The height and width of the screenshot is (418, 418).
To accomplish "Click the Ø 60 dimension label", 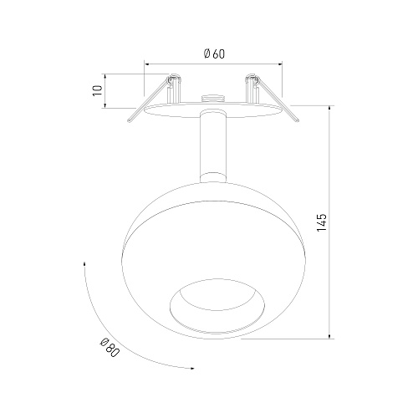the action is (x=214, y=54).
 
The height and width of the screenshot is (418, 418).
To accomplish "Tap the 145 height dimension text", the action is (x=321, y=222).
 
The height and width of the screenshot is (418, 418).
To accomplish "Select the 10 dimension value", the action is (x=98, y=91).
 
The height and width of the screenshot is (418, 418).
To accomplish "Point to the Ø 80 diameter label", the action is (x=110, y=348).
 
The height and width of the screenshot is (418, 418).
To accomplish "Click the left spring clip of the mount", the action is (x=155, y=98).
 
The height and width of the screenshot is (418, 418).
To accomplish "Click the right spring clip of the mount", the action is (x=272, y=98).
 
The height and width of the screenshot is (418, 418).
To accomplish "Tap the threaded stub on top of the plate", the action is (x=213, y=98).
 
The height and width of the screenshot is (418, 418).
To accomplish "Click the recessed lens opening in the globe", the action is (x=217, y=306).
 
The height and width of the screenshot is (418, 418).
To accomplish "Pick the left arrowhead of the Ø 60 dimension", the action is (x=146, y=64).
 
